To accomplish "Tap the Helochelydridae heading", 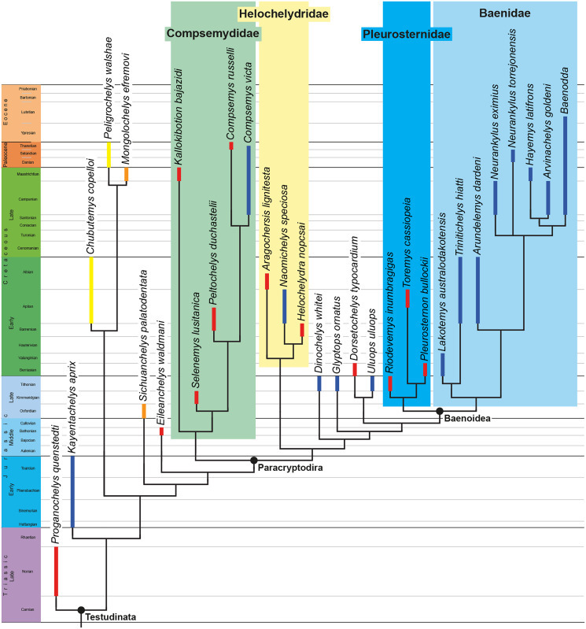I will click(x=283, y=13).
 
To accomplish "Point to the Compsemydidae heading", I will click(x=212, y=34).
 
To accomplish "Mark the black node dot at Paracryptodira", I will click(x=253, y=459).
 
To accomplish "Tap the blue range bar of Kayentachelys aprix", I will click(x=72, y=491).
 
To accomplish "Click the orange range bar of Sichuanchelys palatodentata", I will click(x=144, y=411).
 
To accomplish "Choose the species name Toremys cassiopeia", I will click(x=406, y=243).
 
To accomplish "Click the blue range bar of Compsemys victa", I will click(x=249, y=180).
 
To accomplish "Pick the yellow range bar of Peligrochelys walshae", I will click(x=109, y=154).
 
